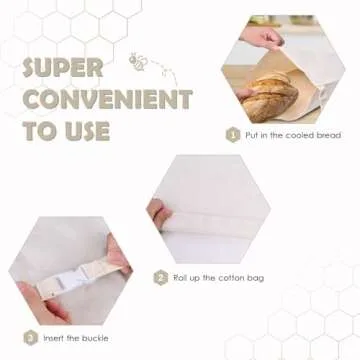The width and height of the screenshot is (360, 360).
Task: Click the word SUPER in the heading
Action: coord(63,68)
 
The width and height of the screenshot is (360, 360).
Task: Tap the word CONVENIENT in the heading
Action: coord(107,99)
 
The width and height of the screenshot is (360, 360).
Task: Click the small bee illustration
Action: coord(136,61)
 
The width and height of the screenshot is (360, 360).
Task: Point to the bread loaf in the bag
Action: coord(269,97)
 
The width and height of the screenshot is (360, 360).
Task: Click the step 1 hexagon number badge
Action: coord(233,135)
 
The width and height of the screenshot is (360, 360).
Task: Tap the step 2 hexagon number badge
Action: coord(161,278)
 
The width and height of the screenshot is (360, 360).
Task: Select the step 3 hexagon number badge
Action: coord(31,338)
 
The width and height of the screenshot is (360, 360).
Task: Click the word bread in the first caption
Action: coord(328,135)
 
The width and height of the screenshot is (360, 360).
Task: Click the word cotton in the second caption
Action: coord(230,278)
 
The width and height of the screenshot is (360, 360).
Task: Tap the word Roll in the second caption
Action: coord(180,278)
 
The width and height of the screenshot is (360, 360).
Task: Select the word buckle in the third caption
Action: coord(94,338)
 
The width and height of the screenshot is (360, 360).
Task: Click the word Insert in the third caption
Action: coord(52,338)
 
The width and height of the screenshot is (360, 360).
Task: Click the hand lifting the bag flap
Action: coord(262,38)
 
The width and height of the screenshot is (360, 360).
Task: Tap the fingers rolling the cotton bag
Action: coord(160,213)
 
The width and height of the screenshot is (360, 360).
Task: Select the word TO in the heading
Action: coord(41,131)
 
